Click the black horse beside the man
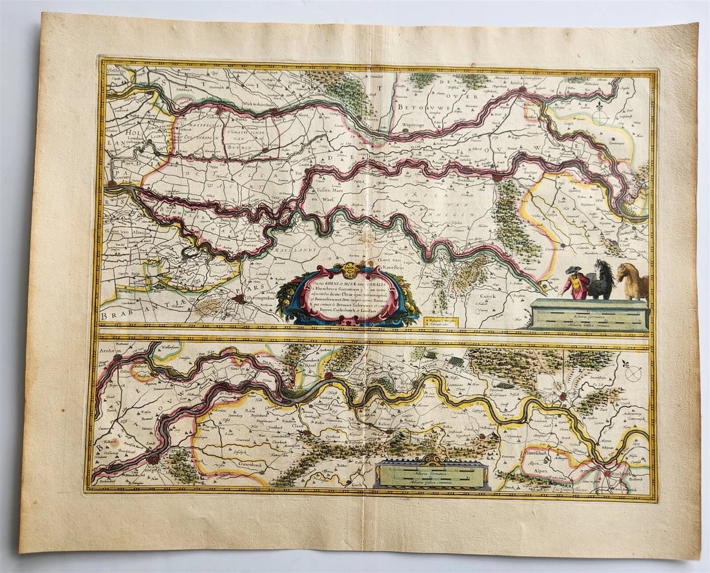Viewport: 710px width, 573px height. (x=602, y=281)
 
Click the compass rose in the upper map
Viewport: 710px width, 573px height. (x=600, y=117)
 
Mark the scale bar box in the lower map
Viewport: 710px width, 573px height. (x=431, y=474)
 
